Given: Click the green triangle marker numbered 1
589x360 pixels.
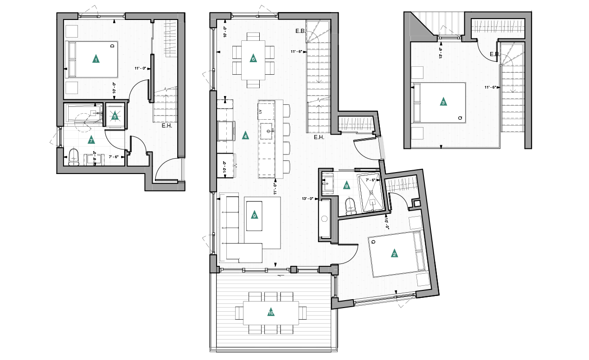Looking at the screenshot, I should point(96,59).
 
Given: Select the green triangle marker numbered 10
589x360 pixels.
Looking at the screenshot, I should point(271,313).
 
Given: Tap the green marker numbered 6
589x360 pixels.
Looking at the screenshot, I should point(253,59).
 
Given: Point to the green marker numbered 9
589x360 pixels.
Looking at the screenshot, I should point(254,215).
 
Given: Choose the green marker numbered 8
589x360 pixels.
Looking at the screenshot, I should point(346,186).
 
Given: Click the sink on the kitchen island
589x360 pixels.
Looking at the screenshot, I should point(268,132).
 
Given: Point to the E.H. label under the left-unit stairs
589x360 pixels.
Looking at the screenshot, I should point(167,126).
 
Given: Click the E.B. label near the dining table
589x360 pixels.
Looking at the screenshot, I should point(300,31).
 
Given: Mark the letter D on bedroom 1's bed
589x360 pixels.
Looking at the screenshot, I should point(112,46).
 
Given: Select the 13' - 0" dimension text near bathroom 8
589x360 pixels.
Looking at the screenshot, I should point(307,199).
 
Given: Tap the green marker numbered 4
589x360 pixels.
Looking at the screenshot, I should point(245,136).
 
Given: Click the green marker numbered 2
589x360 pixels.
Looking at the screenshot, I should point(394,254).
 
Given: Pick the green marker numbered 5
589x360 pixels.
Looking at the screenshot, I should point(115,116).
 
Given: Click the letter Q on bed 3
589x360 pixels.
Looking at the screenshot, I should point(460,118).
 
